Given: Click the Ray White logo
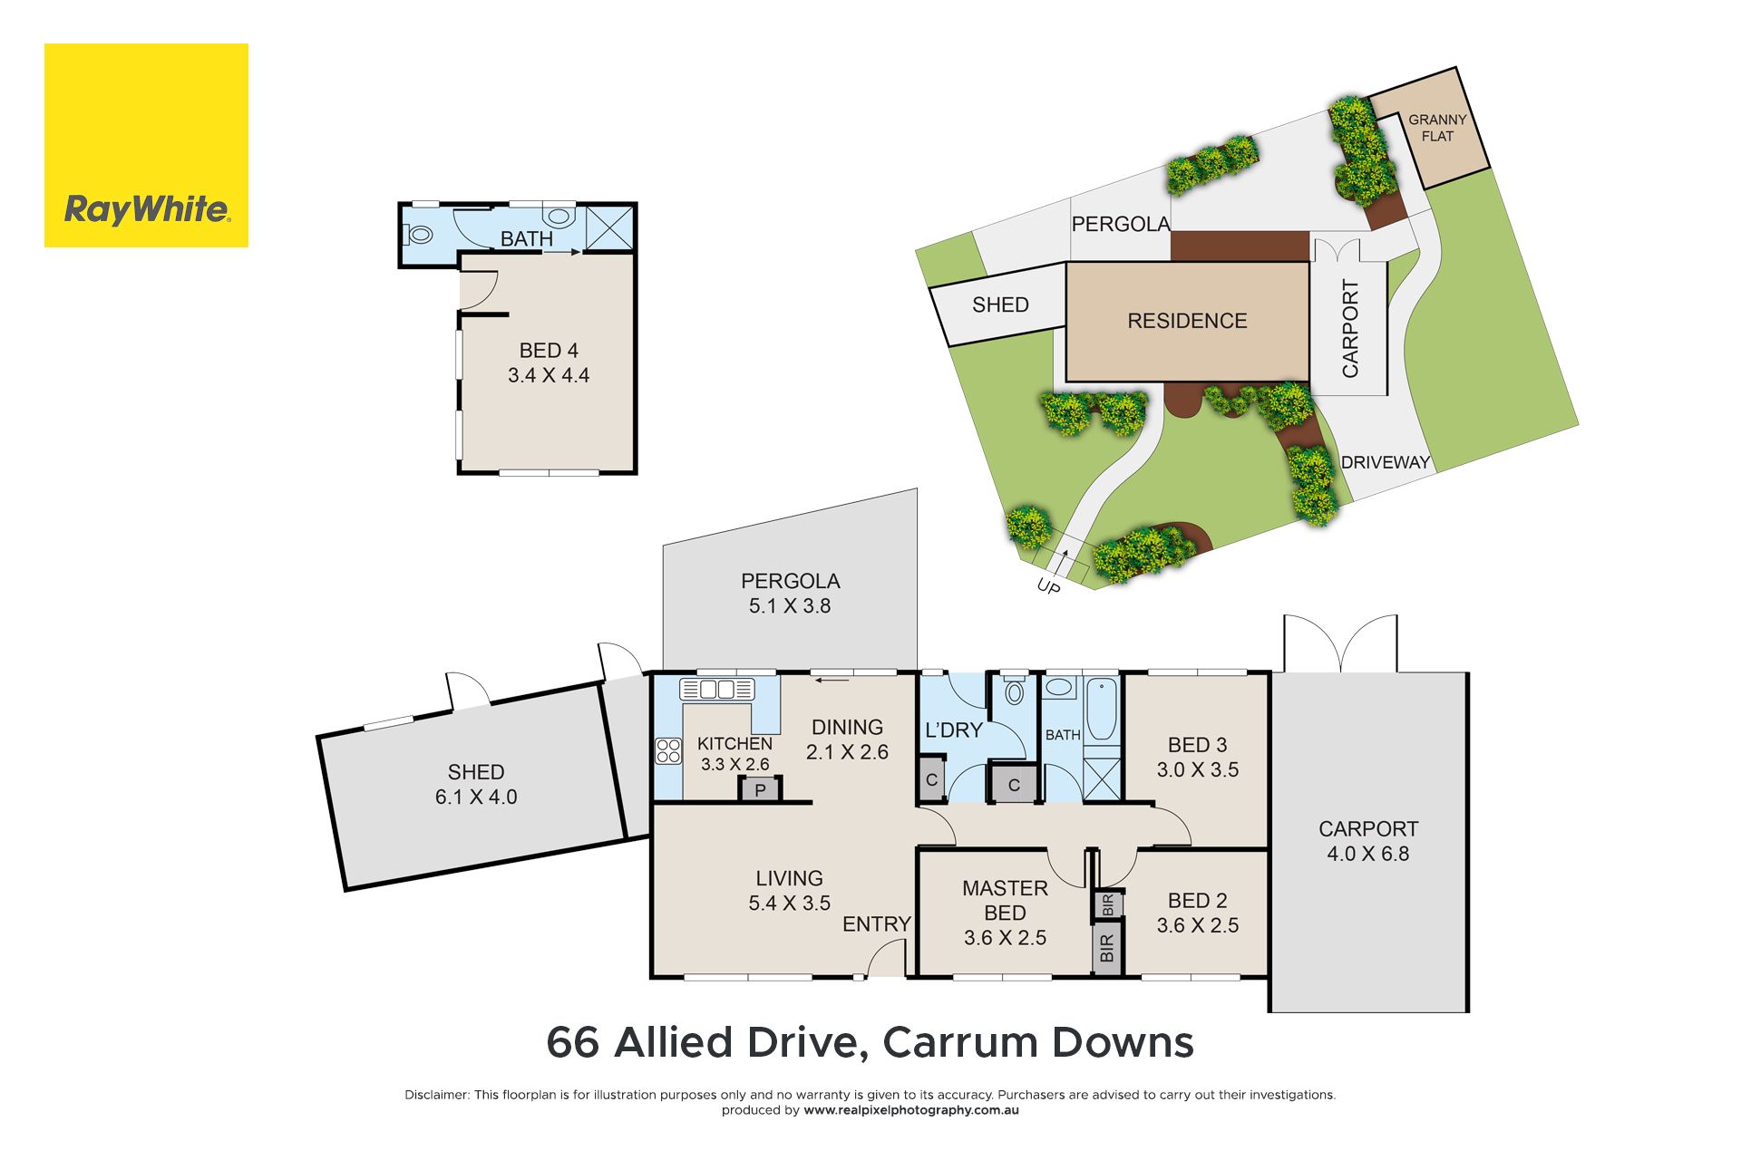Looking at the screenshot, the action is click(x=146, y=145).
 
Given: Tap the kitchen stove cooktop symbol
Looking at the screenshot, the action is click(x=668, y=751).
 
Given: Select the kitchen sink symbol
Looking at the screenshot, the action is click(x=717, y=689).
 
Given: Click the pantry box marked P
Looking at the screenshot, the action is click(x=760, y=789).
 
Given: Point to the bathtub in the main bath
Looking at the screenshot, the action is click(x=1102, y=709).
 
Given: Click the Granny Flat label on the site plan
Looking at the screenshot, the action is click(x=1437, y=128).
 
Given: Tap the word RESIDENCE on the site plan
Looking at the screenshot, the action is click(x=1187, y=321).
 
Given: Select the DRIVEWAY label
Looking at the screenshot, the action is click(x=1386, y=462).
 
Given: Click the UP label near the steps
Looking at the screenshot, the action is click(x=1048, y=587).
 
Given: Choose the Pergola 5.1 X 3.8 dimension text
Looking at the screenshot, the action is click(x=790, y=606).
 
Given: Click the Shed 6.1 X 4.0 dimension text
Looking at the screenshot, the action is click(x=476, y=797).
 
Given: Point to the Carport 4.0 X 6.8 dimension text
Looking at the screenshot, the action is click(x=1368, y=854).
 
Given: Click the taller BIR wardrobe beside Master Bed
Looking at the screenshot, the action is click(x=1107, y=948).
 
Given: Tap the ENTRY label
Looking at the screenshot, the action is click(x=877, y=924).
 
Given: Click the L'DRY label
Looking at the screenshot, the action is click(x=954, y=730).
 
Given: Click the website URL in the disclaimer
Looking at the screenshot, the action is click(x=911, y=1110).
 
